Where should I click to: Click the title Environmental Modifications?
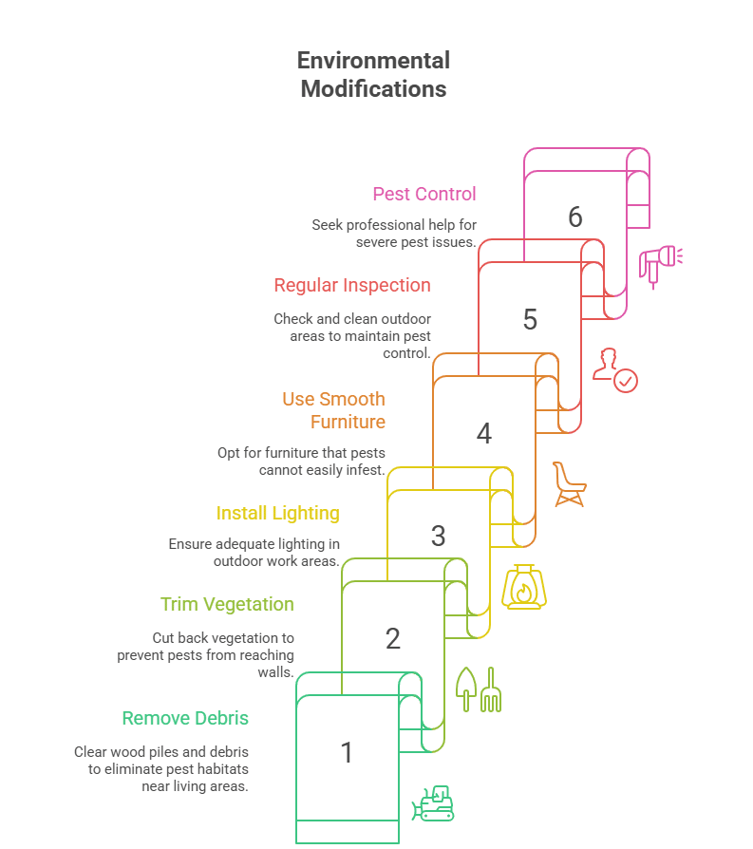[373, 75]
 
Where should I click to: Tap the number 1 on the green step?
[347, 753]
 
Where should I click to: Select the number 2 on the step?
[392, 639]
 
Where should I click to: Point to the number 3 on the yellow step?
[438, 537]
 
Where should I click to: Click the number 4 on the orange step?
[483, 434]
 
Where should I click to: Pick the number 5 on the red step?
[530, 320]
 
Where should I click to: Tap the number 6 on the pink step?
[574, 217]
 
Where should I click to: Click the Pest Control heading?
[424, 194]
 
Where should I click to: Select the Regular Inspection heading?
[352, 285]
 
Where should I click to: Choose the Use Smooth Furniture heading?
[334, 410]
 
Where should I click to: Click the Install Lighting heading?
[277, 513]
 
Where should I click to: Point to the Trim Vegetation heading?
[227, 604]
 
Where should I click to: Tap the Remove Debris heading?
[185, 718]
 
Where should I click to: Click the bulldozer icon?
[433, 803]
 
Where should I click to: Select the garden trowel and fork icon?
[479, 689]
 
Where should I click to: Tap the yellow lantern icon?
[523, 587]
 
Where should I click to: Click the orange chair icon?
[568, 483]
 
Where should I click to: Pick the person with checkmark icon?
[614, 370]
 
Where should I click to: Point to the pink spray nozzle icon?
[660, 263]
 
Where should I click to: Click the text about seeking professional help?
[394, 234]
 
